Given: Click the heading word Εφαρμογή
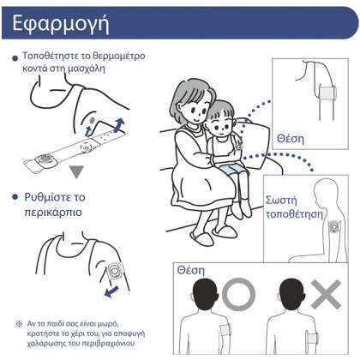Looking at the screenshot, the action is (x=61, y=24).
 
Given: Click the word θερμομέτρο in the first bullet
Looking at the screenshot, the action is (x=119, y=56).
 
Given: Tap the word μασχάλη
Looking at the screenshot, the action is (x=86, y=69).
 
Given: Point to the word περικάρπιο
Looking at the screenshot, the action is (x=53, y=213).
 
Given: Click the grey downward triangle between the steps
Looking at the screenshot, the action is (x=76, y=172).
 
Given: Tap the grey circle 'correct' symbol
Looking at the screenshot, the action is (x=238, y=295).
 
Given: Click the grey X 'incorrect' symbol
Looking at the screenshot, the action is (x=326, y=294).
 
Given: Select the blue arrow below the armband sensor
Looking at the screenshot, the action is (x=111, y=291).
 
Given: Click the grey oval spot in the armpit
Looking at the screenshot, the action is (x=92, y=120).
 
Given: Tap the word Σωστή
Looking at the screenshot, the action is (x=281, y=201).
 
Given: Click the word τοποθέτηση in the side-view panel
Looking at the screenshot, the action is (x=294, y=214).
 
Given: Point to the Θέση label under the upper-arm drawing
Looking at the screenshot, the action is (x=291, y=139).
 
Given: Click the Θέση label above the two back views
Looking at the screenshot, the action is (x=191, y=270).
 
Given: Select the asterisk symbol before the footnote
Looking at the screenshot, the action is (x=19, y=324).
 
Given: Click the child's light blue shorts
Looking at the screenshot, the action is (x=230, y=171).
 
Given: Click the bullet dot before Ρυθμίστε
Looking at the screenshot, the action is (x=15, y=197).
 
